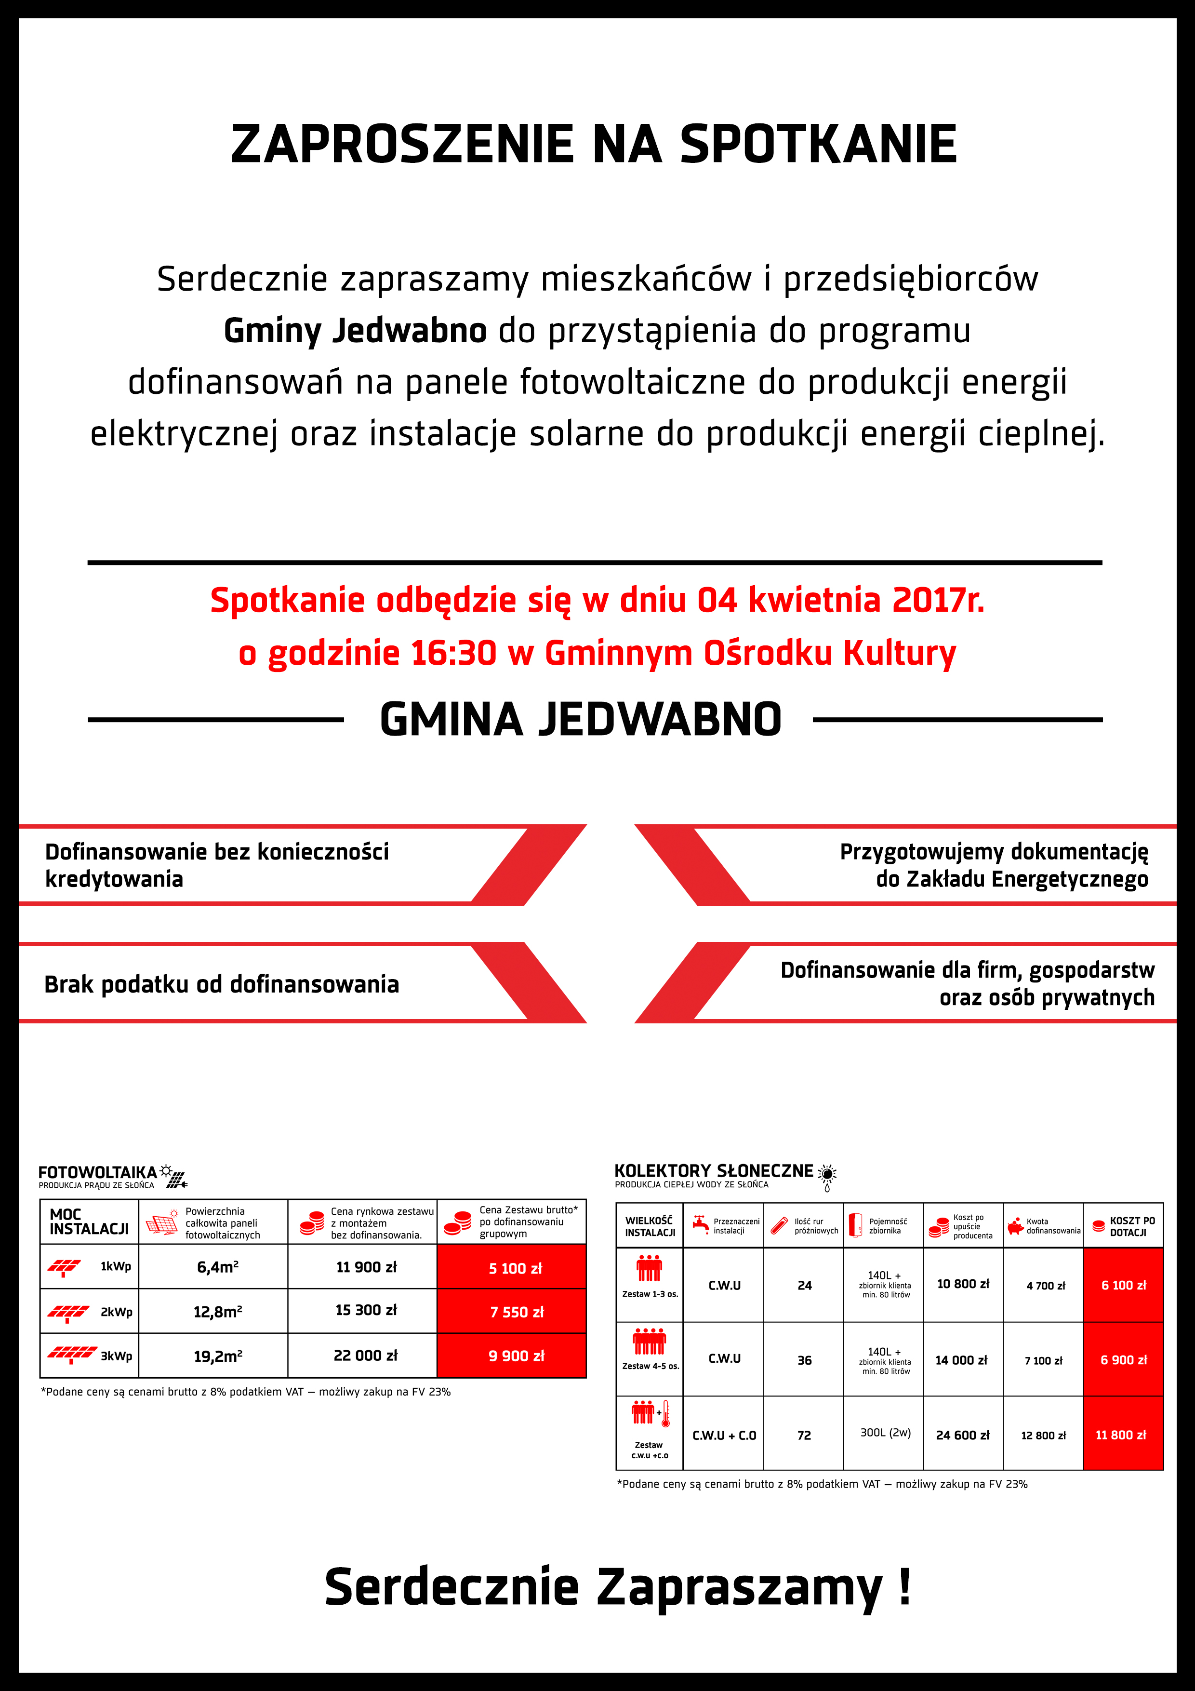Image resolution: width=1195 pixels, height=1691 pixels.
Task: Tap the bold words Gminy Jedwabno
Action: click(355, 331)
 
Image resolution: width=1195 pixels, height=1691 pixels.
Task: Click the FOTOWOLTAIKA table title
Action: click(98, 1172)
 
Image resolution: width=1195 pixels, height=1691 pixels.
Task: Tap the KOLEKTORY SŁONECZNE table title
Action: click(714, 1171)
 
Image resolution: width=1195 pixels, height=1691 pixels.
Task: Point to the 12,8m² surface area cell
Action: click(218, 1312)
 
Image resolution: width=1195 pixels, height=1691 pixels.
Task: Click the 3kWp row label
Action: click(116, 1356)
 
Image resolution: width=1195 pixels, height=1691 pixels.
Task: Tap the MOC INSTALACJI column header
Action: click(89, 1222)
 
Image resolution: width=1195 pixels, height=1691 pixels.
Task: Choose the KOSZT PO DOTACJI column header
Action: click(1132, 1226)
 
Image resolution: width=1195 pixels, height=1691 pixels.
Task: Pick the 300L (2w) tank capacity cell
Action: click(886, 1433)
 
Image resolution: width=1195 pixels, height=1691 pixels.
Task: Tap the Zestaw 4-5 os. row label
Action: click(650, 1366)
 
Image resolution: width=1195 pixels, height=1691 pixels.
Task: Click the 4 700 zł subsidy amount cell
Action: click(1046, 1285)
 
